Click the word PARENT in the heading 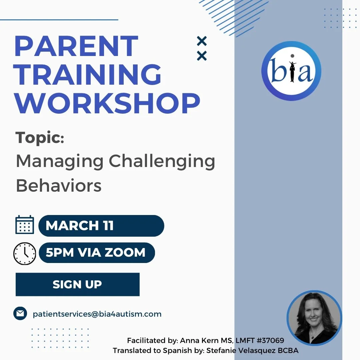click(x=76, y=47)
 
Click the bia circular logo click(x=291, y=71)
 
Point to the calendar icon click(x=25, y=225)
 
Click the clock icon click(x=24, y=254)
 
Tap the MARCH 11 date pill click(x=101, y=226)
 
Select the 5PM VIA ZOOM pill click(x=97, y=253)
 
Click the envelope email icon click(x=20, y=313)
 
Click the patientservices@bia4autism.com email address click(x=97, y=314)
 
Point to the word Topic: click(x=40, y=138)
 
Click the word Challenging click(x=162, y=162)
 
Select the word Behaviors click(x=59, y=185)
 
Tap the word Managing click(x=60, y=162)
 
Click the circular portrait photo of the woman click(x=314, y=318)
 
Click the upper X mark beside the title click(x=202, y=41)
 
